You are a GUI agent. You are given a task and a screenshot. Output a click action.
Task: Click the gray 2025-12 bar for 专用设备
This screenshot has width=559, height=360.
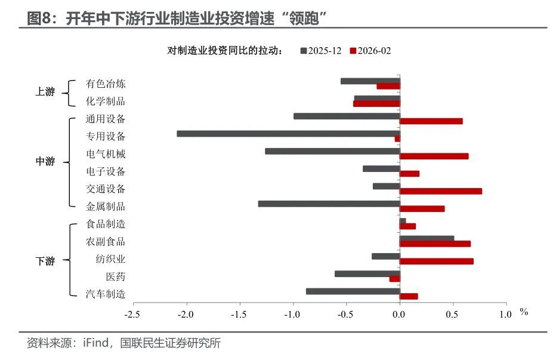288,134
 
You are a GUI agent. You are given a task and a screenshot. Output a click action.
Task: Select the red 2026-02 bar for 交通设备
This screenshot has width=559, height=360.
440,191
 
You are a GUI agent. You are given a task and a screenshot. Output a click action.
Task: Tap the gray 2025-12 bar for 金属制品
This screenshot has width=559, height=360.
329,204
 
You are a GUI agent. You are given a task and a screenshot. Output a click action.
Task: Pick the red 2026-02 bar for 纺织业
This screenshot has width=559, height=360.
436,261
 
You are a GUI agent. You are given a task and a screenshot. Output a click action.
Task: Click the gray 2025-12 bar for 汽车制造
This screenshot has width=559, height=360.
353,291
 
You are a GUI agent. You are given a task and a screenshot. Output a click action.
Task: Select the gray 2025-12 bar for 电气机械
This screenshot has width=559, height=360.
332,151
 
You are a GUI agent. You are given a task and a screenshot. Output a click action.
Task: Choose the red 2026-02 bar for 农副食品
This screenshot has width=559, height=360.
435,244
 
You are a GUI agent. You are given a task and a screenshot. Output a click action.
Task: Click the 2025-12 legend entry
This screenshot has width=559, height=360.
321,51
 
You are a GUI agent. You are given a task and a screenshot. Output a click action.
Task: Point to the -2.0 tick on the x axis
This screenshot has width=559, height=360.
187,314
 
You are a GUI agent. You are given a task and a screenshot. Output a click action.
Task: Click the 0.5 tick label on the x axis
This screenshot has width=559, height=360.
453,314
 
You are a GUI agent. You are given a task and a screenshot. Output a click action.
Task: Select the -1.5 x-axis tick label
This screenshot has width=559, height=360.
240,314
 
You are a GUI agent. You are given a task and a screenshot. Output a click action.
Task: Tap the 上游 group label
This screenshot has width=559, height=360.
45,92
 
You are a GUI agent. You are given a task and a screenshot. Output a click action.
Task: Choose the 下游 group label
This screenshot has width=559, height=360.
45,261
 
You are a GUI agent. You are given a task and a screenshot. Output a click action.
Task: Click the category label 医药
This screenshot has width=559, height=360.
116,276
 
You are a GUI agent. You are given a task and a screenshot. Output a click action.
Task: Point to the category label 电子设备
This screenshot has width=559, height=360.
106,171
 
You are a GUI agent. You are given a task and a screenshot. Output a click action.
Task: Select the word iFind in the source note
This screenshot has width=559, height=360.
94,343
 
